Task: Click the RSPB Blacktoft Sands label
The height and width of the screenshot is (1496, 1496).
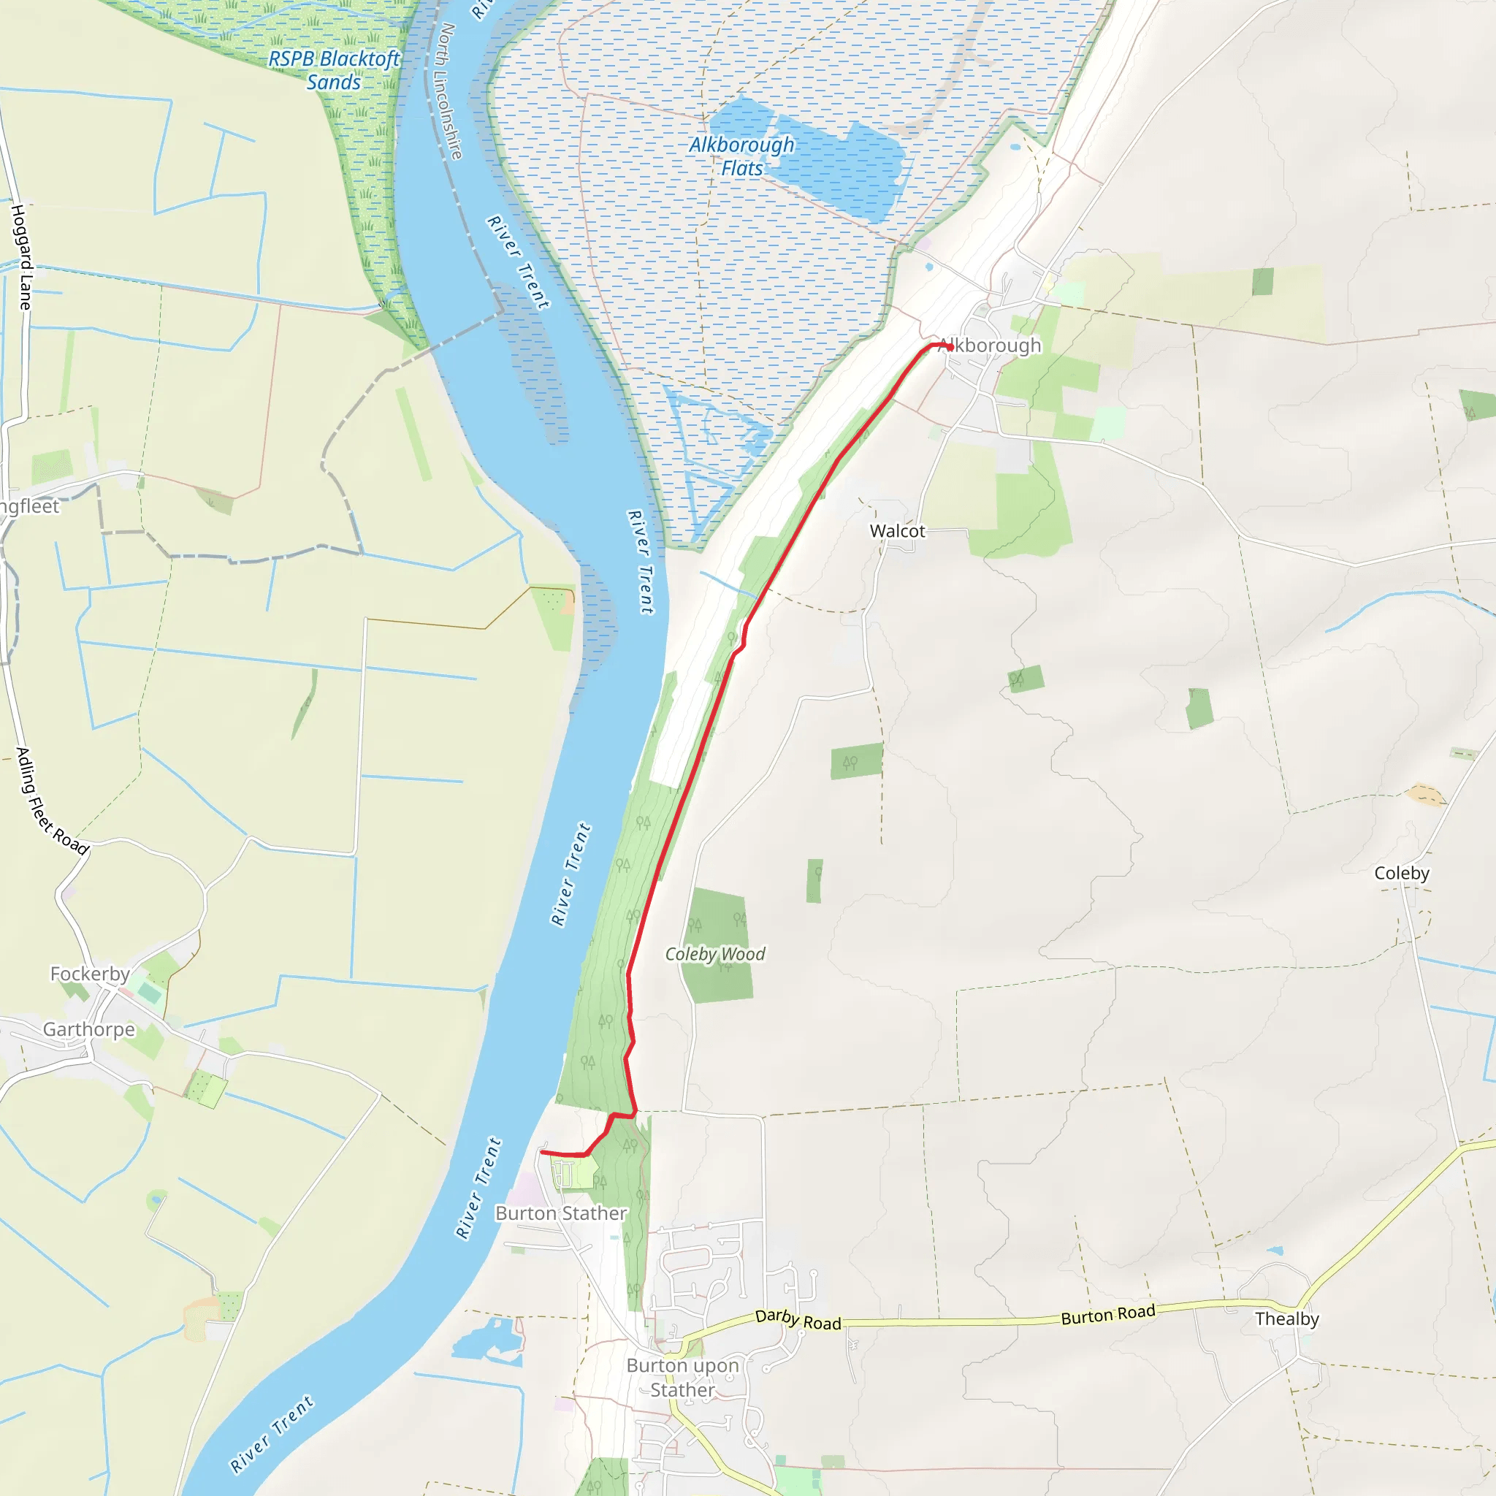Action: coord(334,70)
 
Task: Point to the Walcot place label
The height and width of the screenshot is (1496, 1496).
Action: coord(897,531)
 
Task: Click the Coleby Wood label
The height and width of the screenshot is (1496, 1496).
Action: coord(714,954)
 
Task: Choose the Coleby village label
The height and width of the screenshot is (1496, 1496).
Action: coord(1402,873)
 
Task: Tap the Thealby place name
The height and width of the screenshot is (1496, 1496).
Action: coord(1287,1318)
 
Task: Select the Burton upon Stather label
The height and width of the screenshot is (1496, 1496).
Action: coord(682,1378)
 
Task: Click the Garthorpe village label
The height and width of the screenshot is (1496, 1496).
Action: coord(88,1029)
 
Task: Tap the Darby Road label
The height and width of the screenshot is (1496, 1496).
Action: coord(798,1319)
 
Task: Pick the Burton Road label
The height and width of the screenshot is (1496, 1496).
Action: coord(1107,1315)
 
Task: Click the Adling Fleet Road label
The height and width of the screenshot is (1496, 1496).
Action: coord(51,801)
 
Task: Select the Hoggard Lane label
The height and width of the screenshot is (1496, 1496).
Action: coord(23,257)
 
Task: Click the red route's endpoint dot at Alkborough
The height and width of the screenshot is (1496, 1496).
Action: coord(950,347)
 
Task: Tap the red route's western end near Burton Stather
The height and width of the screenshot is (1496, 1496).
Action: coord(541,1153)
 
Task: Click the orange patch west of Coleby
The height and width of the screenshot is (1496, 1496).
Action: coord(1426,795)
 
